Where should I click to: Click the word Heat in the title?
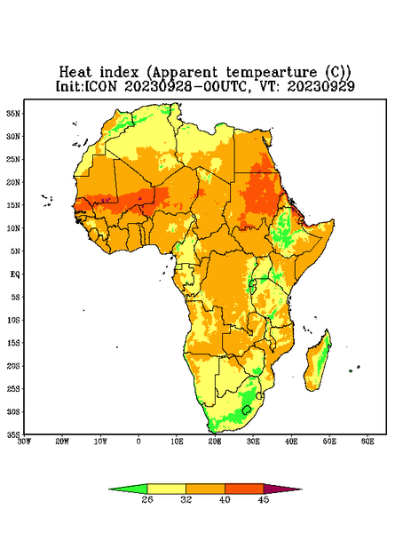(x=75, y=73)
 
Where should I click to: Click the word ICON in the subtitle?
(x=100, y=86)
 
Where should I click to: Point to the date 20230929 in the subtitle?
(x=320, y=86)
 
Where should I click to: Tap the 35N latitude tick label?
(x=13, y=113)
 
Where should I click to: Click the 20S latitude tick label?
(x=13, y=366)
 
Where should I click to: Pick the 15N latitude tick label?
(x=13, y=205)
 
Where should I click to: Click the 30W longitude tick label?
(x=24, y=442)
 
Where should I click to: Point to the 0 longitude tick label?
(x=138, y=442)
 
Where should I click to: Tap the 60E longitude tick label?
(x=368, y=442)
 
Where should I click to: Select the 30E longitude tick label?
(x=253, y=442)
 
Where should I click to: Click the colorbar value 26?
(x=147, y=499)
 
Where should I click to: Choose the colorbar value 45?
(x=264, y=499)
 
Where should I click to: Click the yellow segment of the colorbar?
(x=166, y=489)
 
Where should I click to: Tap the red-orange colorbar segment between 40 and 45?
(x=244, y=489)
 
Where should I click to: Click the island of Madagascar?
(x=318, y=362)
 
